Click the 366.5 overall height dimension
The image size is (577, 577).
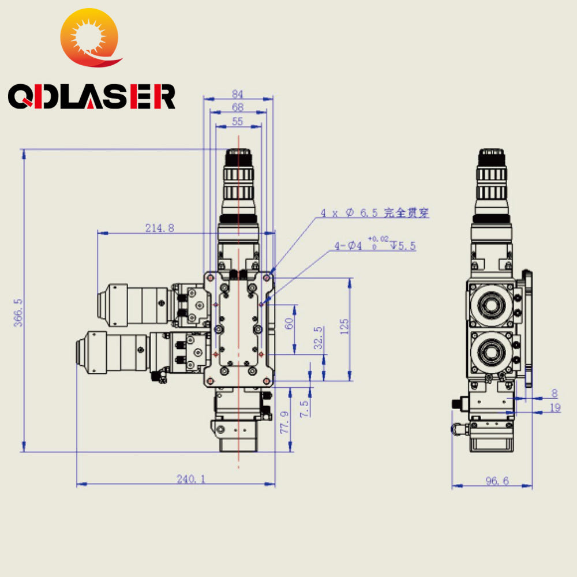18,313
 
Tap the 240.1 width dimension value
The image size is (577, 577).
191,478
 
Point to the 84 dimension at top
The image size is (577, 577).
237,94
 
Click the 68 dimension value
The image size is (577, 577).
237,107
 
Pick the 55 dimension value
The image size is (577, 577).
237,121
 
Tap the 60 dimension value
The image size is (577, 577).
290,324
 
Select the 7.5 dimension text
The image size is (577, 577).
305,409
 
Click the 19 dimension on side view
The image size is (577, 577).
555,407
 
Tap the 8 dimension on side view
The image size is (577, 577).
555,394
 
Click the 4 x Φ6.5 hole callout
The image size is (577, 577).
375,213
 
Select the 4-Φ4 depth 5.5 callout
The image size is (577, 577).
375,246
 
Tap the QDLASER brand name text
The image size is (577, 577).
91,96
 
